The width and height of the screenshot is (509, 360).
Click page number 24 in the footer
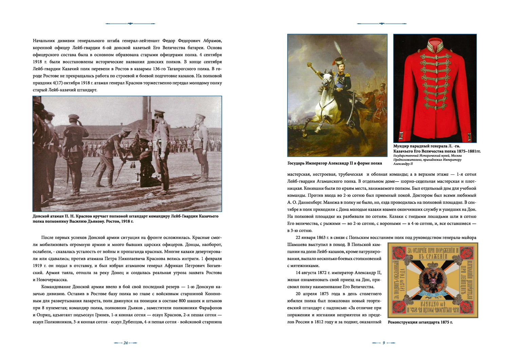tap(125, 343)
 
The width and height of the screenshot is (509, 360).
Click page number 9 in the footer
tap(383, 343)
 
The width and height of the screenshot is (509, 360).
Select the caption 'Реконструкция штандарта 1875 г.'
tap(420, 322)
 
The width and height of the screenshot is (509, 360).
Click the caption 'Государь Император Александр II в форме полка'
tap(335, 163)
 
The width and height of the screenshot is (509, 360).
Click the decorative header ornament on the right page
tap(381, 24)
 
